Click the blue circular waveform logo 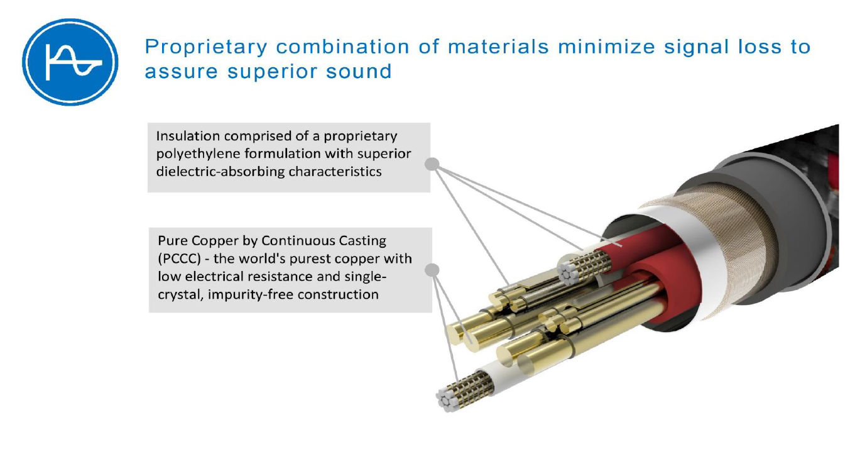pyautogui.click(x=70, y=62)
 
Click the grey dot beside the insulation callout pyautogui.click(x=432, y=164)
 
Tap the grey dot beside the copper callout pyautogui.click(x=432, y=270)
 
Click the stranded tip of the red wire pyautogui.click(x=572, y=272)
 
